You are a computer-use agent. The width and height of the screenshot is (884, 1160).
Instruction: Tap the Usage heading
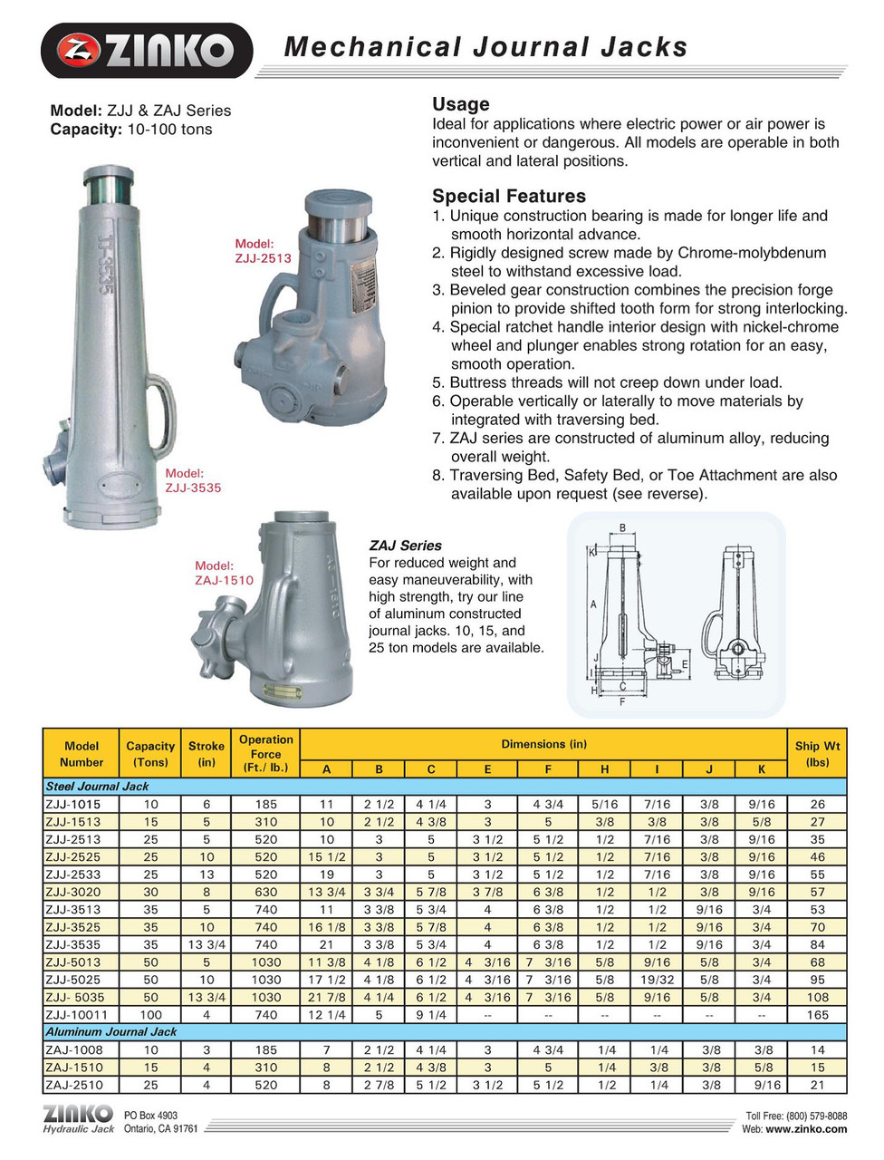point(460,104)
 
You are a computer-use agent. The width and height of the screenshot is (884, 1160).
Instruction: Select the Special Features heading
point(508,196)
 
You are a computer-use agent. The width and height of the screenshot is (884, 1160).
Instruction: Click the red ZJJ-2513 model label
point(263,251)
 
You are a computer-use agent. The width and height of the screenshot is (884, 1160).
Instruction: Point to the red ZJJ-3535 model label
point(192,480)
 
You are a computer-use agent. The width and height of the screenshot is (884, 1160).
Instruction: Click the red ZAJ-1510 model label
point(224,573)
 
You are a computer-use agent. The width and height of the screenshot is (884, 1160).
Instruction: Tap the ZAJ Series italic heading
point(405,546)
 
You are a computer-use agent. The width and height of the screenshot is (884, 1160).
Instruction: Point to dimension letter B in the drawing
point(622,528)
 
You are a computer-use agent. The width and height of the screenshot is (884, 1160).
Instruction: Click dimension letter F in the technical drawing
point(622,701)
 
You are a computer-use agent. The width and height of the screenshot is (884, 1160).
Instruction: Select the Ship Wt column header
point(817,754)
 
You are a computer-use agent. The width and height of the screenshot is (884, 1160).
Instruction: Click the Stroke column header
point(207,754)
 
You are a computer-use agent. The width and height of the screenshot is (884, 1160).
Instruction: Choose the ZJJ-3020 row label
point(73,892)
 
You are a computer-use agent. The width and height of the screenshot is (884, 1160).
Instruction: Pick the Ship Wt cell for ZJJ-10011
point(817,1015)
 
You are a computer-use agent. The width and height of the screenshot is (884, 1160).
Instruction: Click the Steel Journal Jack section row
point(98,787)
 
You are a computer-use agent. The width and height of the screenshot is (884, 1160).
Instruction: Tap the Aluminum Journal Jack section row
point(110,1032)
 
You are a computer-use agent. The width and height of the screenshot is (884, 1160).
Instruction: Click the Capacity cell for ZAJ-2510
point(150,1085)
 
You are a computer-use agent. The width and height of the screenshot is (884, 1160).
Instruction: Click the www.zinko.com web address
point(806,1129)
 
